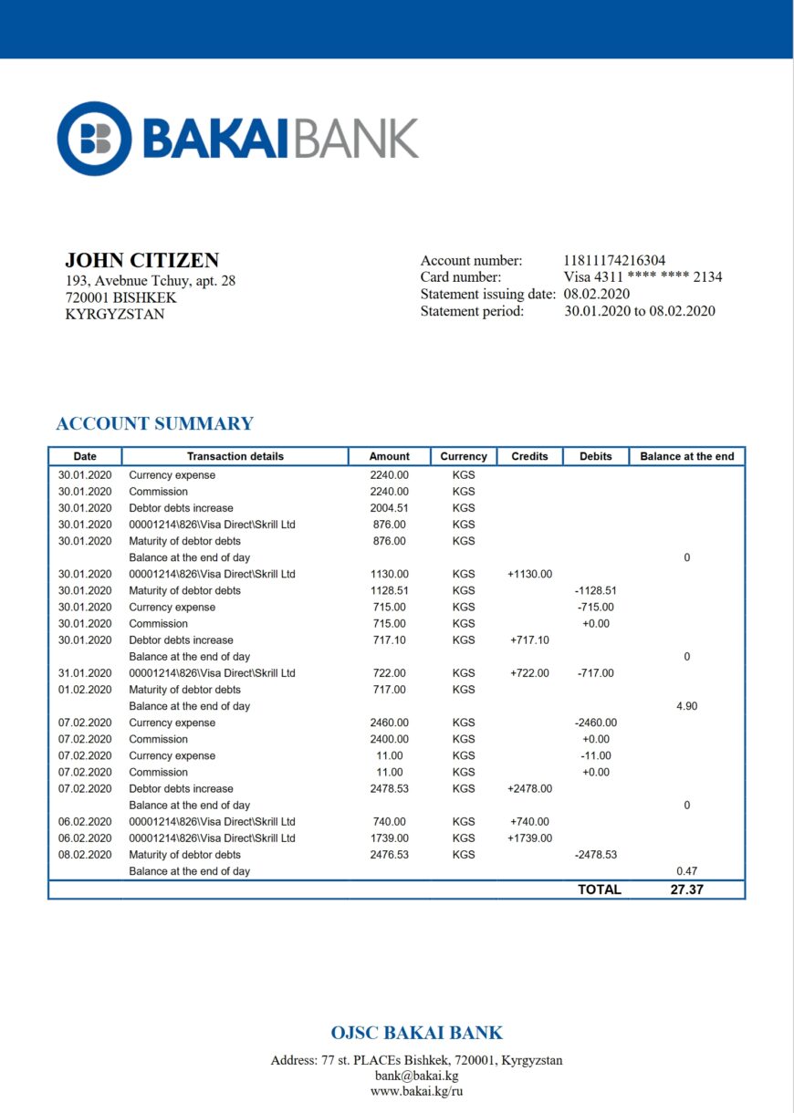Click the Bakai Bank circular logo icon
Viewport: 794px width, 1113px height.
click(95, 139)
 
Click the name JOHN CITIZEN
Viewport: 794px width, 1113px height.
click(141, 260)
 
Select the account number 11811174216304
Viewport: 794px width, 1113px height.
click(614, 261)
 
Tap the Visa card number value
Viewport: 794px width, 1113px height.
click(643, 277)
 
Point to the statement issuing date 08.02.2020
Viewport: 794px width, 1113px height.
click(596, 294)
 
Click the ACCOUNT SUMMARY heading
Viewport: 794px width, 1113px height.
click(154, 423)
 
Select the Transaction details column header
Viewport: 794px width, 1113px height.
click(235, 456)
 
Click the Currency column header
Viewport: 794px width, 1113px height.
click(464, 456)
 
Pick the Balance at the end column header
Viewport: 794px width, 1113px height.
click(686, 456)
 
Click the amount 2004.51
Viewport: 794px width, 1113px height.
click(389, 508)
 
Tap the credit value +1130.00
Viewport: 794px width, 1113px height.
click(529, 574)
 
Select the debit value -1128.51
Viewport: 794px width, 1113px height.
click(595, 590)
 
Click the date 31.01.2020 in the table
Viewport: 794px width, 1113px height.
click(85, 673)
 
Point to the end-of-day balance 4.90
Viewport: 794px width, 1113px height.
click(686, 706)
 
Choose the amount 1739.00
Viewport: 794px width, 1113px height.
click(389, 838)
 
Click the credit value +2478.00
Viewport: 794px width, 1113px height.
click(529, 789)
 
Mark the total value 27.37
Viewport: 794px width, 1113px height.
click(686, 889)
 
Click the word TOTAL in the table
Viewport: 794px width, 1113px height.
click(599, 889)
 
